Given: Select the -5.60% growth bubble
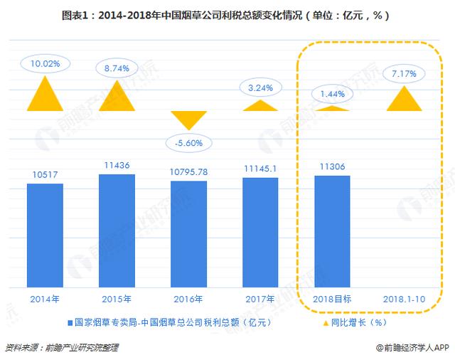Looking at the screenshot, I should tap(189, 142).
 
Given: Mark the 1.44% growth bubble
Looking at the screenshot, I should tap(333, 93).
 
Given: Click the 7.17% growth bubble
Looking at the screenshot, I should tap(404, 73).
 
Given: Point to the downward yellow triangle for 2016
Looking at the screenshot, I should tap(189, 119).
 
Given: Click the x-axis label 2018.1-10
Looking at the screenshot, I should tap(404, 298).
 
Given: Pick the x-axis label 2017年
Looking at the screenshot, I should tap(260, 298).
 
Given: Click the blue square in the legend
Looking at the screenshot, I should tap(71, 322).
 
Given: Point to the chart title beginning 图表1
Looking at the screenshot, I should tap(227, 15).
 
